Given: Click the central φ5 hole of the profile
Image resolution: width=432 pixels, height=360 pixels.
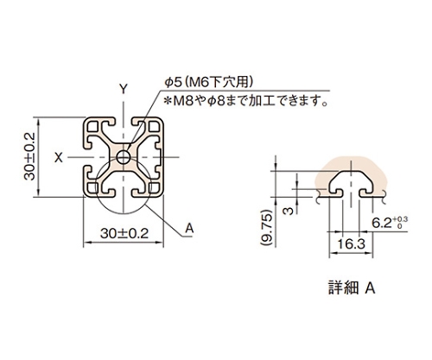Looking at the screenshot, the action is (x=124, y=157).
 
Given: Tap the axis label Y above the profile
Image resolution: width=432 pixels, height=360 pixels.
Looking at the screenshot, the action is (x=124, y=89).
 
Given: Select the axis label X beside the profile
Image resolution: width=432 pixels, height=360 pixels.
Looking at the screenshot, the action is (x=59, y=157).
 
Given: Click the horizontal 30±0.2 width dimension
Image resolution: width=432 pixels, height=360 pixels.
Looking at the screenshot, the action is (x=124, y=233).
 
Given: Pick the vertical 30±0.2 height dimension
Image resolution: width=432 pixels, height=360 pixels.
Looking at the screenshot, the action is (x=29, y=156).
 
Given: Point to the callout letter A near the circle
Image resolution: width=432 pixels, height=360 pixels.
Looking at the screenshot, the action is (x=189, y=229).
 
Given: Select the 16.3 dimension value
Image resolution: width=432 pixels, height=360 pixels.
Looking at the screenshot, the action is (x=351, y=244).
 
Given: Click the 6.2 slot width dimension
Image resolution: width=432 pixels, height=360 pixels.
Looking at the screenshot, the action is (x=381, y=223).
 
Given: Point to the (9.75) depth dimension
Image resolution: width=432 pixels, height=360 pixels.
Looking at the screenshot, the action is (x=267, y=228).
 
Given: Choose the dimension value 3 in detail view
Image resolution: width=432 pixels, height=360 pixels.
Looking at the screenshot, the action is (x=288, y=211).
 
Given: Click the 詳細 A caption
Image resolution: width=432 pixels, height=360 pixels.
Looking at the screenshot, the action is (x=352, y=287).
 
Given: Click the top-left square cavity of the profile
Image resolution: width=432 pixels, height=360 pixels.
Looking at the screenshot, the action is (x=92, y=126).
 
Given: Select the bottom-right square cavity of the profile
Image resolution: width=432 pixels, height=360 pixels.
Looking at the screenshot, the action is (x=155, y=188).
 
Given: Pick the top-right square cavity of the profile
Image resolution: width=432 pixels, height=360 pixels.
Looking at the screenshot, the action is (x=155, y=126).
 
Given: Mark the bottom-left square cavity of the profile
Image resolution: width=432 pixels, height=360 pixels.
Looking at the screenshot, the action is (x=92, y=188).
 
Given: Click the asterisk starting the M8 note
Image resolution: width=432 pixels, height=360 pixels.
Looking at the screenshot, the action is (x=168, y=101).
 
